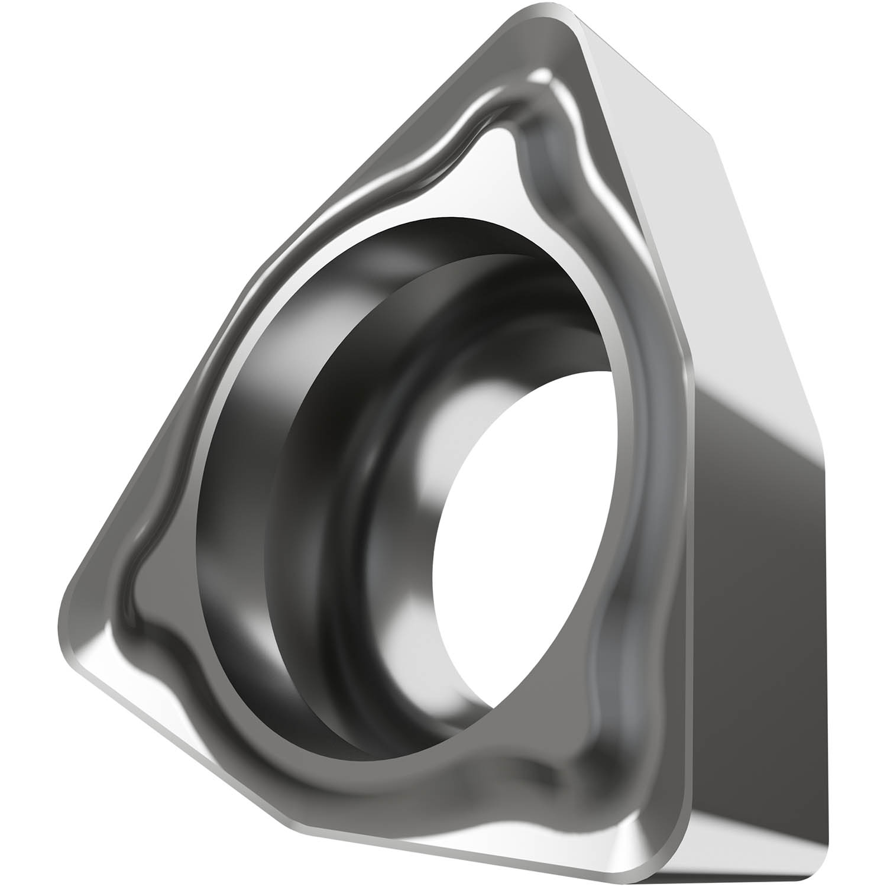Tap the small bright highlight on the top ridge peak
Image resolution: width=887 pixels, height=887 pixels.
(x=541, y=77)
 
